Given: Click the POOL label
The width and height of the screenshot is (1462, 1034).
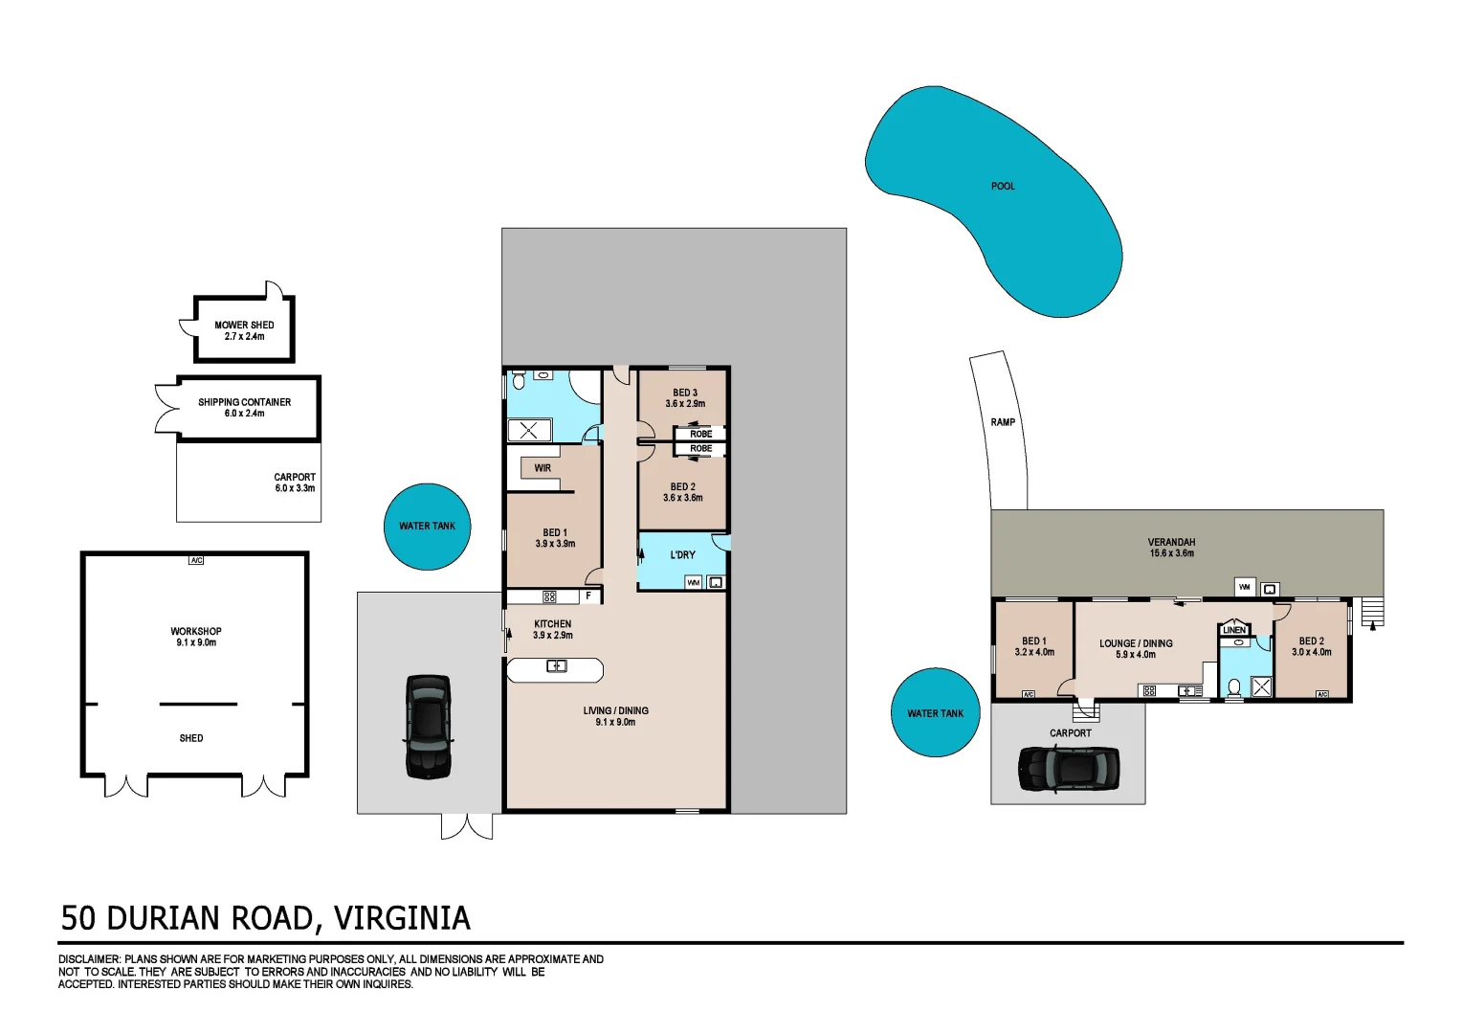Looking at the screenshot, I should point(1003,186).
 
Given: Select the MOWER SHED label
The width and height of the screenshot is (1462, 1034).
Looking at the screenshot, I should point(244,326).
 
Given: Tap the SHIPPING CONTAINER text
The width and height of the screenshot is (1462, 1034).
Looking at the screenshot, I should point(244,402).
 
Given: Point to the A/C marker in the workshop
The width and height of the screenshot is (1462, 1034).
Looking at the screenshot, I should point(196,560).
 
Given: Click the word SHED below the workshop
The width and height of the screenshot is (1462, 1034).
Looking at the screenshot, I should point(191,738).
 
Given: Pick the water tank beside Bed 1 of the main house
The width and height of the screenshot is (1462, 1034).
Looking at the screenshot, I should point(427,527).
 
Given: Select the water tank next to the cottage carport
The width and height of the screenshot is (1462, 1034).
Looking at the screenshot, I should point(935,713).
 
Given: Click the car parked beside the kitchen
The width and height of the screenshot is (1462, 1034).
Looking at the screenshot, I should point(428,726).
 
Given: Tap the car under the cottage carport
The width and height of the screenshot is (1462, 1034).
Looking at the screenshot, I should point(1068,769).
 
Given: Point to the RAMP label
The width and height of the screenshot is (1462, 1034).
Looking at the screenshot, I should point(1003,422).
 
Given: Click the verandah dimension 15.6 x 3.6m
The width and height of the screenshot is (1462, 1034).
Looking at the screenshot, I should point(1171,553).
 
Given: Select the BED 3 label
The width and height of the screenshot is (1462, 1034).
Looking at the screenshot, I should point(685,393).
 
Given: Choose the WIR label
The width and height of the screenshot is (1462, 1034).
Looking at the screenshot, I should point(543,468).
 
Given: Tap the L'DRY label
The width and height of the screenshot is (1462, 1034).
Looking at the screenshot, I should point(682,555).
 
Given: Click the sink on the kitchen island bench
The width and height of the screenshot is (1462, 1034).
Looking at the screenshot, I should point(556,666).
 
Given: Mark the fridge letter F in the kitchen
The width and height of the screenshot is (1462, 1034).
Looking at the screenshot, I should point(588,596).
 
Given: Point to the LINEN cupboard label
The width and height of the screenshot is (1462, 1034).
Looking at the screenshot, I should point(1234,630).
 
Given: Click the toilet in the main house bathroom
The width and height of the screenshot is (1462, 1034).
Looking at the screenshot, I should point(519,380).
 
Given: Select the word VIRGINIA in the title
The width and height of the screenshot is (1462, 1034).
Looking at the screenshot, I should point(402,918).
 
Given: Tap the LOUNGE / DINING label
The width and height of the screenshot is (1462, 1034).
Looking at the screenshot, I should point(1136,643).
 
